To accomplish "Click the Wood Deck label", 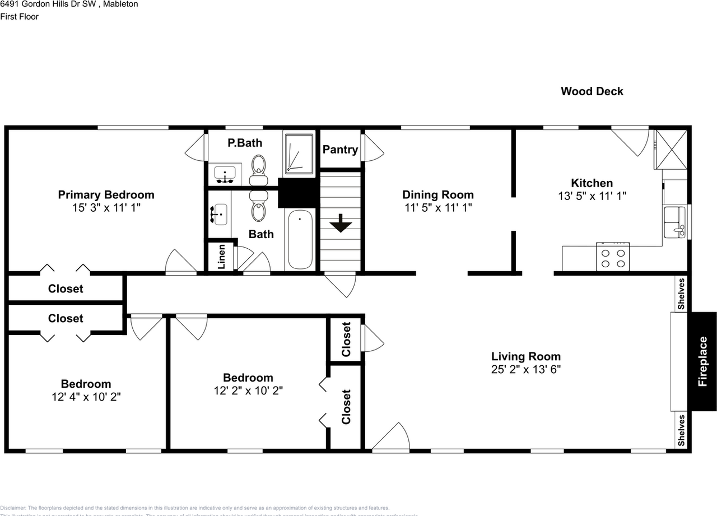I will [x=592, y=91].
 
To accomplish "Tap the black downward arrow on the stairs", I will [x=340, y=224].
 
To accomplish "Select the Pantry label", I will [x=340, y=150].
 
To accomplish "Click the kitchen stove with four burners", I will [x=613, y=257].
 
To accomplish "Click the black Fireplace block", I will [x=702, y=361].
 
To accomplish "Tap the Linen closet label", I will [x=221, y=257].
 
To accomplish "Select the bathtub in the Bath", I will [x=300, y=240].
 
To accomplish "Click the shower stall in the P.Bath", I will [x=299, y=153].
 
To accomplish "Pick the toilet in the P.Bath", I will [x=258, y=168].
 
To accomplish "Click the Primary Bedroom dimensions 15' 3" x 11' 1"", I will [x=106, y=207].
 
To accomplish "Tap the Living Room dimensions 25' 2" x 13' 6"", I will [x=525, y=369].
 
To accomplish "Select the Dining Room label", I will [x=438, y=195].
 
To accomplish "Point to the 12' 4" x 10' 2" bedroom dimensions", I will [x=86, y=397].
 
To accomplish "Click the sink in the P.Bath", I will [x=226, y=174].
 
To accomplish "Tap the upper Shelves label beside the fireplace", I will [x=681, y=293].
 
